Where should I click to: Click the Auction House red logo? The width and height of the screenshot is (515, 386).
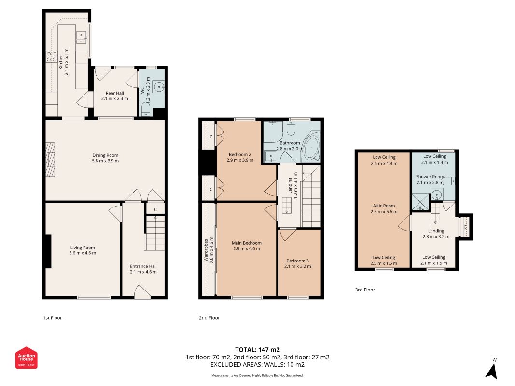[26, 358]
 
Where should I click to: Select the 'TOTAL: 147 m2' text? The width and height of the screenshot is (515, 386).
[258, 350]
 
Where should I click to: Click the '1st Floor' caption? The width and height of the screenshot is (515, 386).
[52, 318]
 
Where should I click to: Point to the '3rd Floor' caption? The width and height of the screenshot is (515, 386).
[365, 289]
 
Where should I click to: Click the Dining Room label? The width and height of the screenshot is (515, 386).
[105, 158]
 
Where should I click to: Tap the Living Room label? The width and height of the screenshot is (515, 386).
[83, 250]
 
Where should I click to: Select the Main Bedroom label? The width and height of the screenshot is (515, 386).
[246, 246]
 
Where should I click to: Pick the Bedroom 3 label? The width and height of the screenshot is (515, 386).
[298, 263]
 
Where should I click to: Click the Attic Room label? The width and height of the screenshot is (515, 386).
[384, 208]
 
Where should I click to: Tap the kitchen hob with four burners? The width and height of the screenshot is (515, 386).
[52, 56]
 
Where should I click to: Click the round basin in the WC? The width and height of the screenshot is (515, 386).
[160, 87]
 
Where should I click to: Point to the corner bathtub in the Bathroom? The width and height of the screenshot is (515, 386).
[311, 147]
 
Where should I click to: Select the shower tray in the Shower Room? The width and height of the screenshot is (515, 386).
[420, 202]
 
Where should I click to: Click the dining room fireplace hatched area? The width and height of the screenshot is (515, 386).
[50, 160]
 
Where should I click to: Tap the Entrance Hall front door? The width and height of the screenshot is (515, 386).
[142, 291]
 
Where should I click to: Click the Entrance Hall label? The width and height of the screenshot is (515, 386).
[143, 269]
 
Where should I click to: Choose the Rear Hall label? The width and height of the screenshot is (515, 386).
[114, 96]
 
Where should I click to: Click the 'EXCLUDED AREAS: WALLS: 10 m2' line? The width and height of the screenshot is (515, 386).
[258, 365]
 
